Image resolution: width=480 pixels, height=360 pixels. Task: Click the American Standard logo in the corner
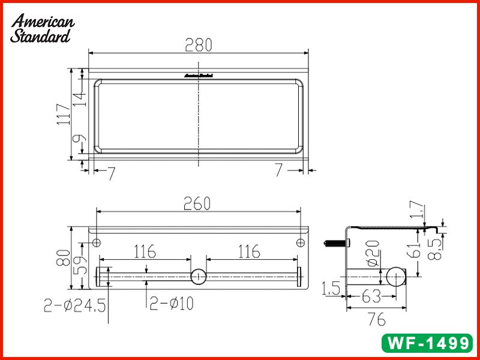pyautogui.click(x=42, y=28)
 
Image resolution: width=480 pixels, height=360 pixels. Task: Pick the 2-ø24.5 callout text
pyautogui.click(x=74, y=305)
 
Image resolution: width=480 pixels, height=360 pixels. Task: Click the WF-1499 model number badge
pyautogui.click(x=427, y=343)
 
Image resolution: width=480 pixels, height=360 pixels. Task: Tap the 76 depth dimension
pyautogui.click(x=376, y=320)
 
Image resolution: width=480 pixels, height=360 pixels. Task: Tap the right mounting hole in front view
pyautogui.click(x=301, y=242)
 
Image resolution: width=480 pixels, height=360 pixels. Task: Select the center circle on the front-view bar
pyautogui.click(x=197, y=277)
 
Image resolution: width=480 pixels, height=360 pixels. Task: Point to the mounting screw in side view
pyautogui.click(x=335, y=244)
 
